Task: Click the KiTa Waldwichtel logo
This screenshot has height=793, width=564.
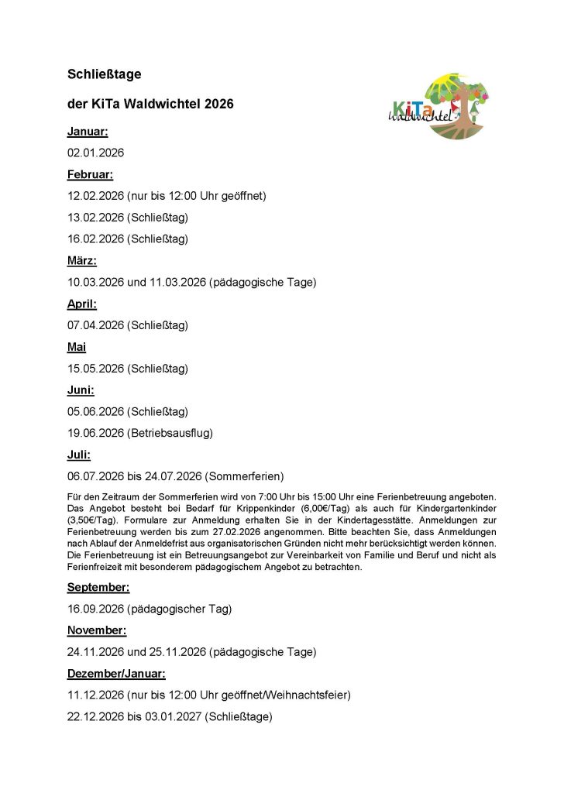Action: point(438,108)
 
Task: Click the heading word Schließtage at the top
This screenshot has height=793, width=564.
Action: point(104,74)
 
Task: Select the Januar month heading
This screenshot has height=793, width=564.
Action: point(88,132)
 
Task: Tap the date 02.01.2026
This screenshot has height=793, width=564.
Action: point(95,153)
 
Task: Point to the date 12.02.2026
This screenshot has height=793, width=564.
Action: point(95,196)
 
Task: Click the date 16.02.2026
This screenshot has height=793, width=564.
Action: point(95,239)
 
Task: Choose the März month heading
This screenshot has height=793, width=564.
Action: point(82,261)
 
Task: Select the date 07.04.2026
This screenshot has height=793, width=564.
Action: point(95,325)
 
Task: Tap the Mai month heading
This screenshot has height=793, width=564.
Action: point(77,348)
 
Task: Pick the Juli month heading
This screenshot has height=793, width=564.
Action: point(79,455)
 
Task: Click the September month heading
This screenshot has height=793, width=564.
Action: point(98,587)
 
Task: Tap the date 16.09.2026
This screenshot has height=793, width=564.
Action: point(95,609)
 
